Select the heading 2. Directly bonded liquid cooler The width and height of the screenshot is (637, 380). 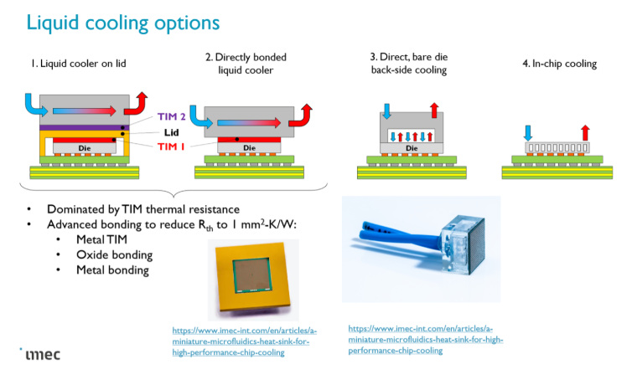pos(246,64)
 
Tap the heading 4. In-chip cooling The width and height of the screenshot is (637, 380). pos(559,64)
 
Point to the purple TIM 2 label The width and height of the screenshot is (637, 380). pos(168,117)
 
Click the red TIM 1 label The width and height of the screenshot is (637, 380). pos(168,146)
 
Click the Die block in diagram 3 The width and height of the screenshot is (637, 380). pos(411,148)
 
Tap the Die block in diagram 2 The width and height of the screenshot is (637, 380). pos(248,147)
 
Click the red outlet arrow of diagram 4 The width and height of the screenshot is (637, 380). pos(585,132)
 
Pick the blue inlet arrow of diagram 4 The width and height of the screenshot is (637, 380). pos(528,132)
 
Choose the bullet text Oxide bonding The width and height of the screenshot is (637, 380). pos(113,254)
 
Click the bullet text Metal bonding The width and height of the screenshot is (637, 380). pos(112,270)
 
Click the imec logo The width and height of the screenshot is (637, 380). pos(39,354)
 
